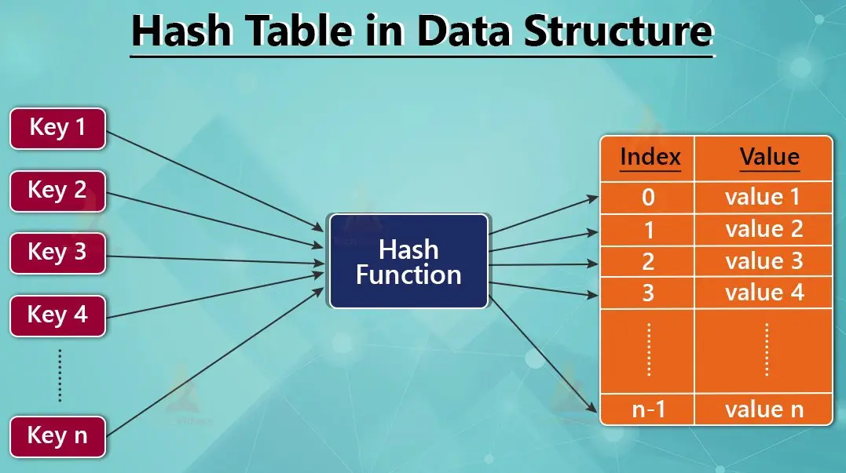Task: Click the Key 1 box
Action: point(57,128)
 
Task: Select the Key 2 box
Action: point(57,191)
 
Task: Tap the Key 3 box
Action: point(57,253)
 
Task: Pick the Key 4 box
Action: point(57,315)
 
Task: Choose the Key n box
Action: point(57,436)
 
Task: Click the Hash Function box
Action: point(408,261)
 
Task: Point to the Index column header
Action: point(650,158)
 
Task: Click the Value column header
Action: point(769,158)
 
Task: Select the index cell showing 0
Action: point(648,197)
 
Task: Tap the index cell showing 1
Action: point(648,229)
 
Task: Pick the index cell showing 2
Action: point(648,261)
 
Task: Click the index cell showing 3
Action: point(648,293)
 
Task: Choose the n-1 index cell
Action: point(648,409)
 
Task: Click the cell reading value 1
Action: point(764,197)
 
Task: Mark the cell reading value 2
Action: point(764,229)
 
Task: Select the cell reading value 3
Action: point(764,261)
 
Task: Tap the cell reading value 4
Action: point(764,293)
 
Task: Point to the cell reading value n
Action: point(764,409)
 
